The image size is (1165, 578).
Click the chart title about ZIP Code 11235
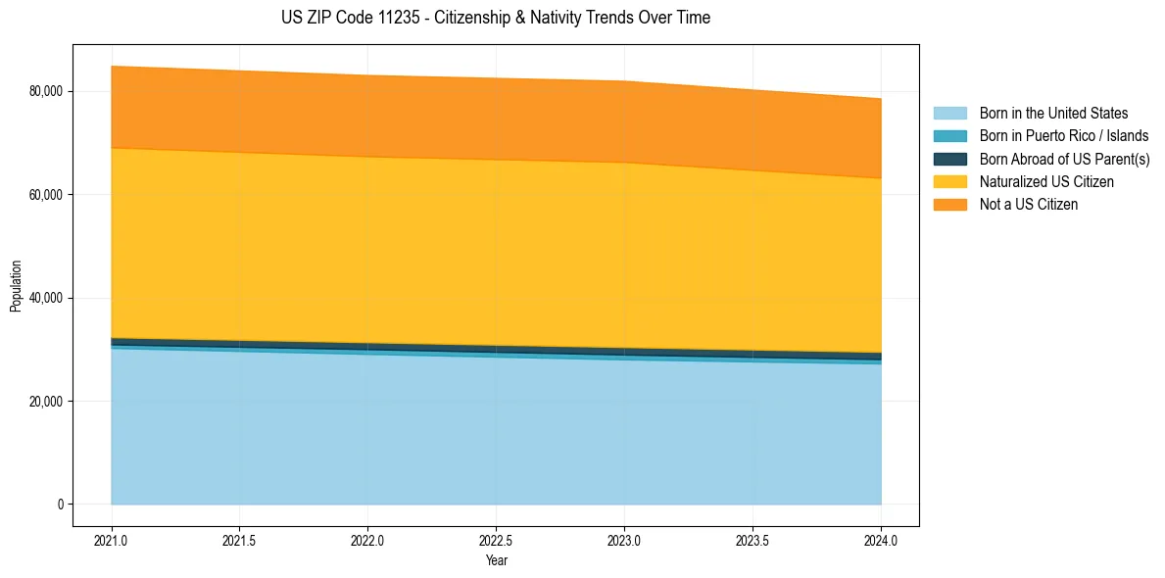496,18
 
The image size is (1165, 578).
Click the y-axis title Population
16,286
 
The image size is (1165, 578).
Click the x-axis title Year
496,560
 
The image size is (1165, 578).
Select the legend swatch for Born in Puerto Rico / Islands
949,136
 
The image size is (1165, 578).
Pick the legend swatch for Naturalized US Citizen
949,181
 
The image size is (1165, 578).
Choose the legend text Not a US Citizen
1028,204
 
